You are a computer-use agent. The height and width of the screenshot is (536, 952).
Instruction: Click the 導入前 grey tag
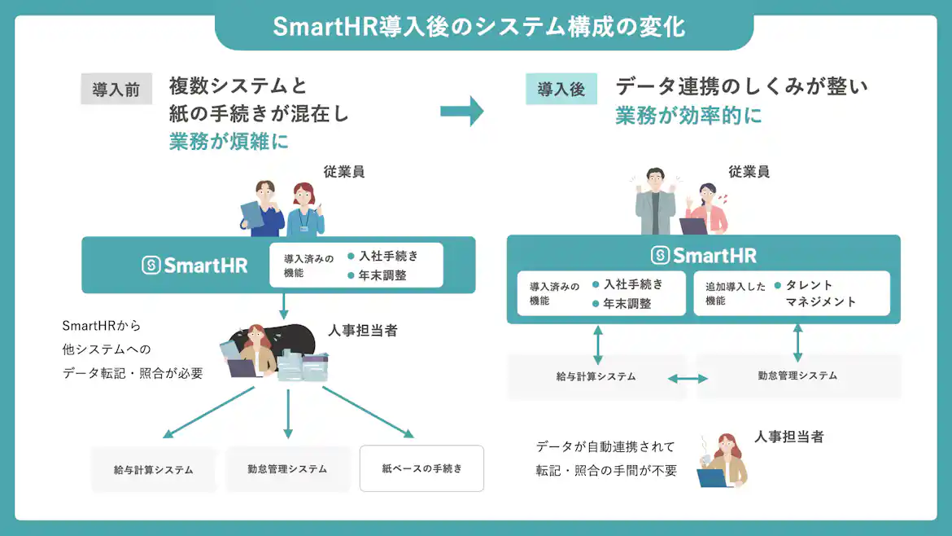point(116,90)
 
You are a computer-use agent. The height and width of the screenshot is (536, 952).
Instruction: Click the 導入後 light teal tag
point(561,89)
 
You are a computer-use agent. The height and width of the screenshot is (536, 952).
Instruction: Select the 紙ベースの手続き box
point(421,468)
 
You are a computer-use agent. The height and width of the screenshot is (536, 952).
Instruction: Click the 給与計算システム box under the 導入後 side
point(596,376)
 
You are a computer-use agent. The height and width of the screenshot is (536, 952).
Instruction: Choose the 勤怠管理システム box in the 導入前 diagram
point(287,468)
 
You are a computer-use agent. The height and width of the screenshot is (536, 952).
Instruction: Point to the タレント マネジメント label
point(820,293)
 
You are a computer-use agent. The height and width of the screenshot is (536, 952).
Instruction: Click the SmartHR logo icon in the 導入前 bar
point(151,265)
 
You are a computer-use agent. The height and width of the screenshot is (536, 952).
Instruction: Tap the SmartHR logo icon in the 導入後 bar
point(660,255)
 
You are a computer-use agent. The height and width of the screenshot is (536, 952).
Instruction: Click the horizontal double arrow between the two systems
point(688,378)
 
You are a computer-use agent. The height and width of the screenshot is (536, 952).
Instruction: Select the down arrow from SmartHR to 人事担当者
point(284,306)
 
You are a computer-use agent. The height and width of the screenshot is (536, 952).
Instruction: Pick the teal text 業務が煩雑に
point(229,141)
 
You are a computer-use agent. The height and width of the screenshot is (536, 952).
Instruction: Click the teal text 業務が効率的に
point(688,116)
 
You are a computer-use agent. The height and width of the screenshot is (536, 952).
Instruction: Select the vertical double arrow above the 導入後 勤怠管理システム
point(797,342)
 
